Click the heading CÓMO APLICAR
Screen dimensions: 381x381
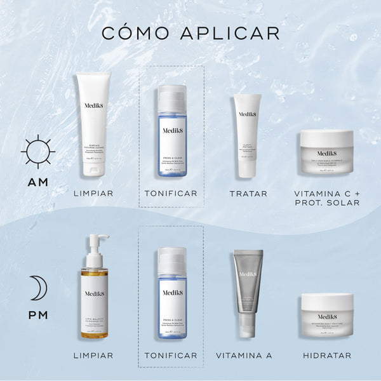pos(190,32)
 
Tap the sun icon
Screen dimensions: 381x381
pos(38,152)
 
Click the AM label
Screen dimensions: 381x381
pos(38,182)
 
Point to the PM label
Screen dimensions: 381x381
pos(37,314)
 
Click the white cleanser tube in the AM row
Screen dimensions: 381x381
pos(93,124)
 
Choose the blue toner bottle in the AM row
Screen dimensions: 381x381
pos(172,131)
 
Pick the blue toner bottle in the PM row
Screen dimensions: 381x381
pos(172,292)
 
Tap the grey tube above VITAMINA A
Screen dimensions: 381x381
pos(247,292)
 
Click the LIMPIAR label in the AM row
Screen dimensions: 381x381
pos(93,193)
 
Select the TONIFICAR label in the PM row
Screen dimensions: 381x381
pos(171,356)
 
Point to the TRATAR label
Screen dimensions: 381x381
pos(248,193)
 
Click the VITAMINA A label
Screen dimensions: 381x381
pos(244,356)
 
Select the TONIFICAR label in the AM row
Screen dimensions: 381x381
pos(171,193)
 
